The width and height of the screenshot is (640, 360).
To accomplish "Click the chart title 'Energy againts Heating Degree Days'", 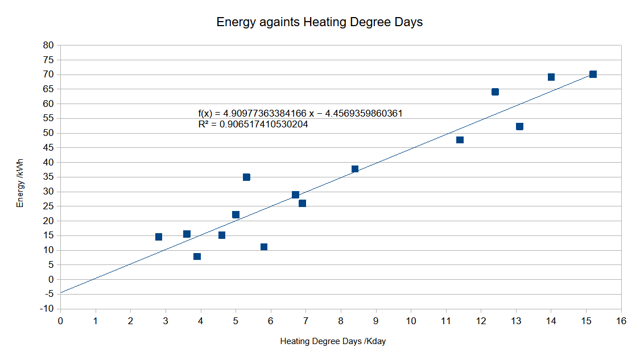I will click(320, 23).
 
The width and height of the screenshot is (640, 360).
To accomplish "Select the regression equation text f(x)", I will click(300, 113).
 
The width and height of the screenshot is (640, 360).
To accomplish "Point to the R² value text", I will click(253, 124).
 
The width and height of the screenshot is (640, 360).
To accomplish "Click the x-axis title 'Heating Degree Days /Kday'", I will click(333, 341).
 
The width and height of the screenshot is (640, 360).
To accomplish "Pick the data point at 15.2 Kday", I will click(593, 75).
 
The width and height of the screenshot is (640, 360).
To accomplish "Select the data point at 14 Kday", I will click(551, 77).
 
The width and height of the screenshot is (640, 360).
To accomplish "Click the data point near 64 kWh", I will click(495, 92).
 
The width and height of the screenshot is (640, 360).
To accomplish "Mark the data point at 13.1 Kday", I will click(519, 126).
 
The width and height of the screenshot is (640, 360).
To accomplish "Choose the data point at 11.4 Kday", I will click(460, 140).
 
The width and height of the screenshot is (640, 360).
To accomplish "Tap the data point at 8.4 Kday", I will click(355, 169).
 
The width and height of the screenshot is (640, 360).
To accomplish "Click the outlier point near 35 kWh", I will click(246, 177).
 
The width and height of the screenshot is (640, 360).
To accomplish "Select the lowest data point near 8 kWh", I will click(197, 256).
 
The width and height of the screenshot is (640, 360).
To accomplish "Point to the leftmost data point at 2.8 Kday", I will click(159, 237).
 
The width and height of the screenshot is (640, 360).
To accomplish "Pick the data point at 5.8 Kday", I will click(264, 247).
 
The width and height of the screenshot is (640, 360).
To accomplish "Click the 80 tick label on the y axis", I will click(48, 45).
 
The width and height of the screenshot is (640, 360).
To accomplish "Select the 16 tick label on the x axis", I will click(621, 321).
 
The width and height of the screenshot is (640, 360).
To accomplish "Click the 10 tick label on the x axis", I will click(411, 321).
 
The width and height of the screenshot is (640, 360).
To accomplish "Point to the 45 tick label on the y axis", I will click(48, 148).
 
